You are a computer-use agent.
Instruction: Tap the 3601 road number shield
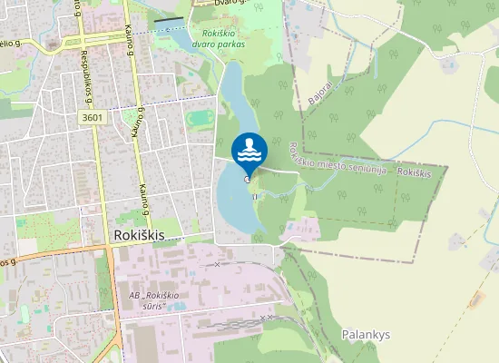[x=91, y=117]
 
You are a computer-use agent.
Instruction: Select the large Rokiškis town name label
[x=140, y=234]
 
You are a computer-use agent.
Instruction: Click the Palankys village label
[x=366, y=334]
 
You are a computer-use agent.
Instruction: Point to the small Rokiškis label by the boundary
[x=413, y=172]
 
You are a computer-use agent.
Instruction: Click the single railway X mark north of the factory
[x=216, y=264]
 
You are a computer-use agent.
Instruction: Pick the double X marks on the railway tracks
[x=267, y=318]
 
